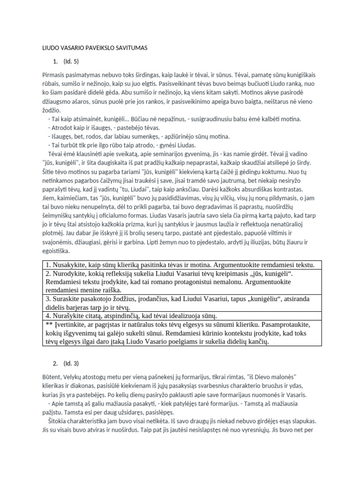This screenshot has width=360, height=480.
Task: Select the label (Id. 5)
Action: click(x=71, y=61)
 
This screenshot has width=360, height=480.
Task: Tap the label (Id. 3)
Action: click(x=71, y=363)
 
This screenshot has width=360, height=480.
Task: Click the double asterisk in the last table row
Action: click(x=49, y=324)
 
